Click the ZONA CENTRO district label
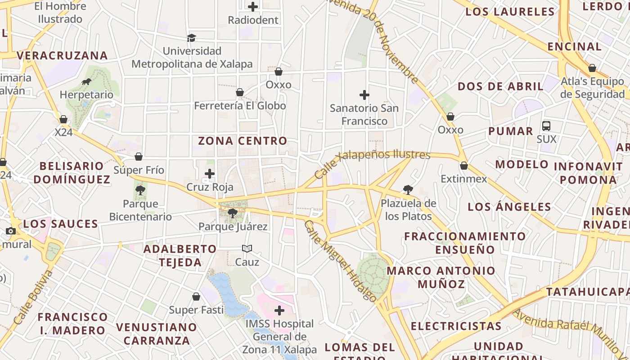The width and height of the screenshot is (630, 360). tap(243, 141)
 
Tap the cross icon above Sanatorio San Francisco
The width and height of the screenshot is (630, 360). tap(364, 95)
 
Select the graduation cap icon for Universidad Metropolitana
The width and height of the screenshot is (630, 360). tap(192, 38)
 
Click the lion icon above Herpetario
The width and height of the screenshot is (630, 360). tap(86, 82)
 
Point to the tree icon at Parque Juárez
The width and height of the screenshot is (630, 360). tap(233, 213)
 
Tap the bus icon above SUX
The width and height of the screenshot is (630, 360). tap(546, 126)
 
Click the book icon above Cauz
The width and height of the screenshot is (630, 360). tap(247, 248)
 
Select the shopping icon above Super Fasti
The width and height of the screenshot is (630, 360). tap(196, 297)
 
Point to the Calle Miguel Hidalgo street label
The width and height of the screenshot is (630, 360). tap(340, 261)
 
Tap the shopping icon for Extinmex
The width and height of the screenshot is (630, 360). tap(464, 166)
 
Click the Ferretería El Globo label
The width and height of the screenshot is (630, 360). tap(240, 106)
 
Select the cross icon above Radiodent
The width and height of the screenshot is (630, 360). tap(253, 7)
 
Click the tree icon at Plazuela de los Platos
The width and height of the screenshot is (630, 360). tap(408, 190)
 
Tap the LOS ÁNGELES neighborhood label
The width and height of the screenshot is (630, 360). tap(509, 207)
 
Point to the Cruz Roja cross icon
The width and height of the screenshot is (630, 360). tap(210, 174)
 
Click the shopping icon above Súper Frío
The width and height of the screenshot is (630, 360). tap(139, 157)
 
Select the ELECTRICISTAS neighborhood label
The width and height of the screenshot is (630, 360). tap(456, 326)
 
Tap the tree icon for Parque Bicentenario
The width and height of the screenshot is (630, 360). tap(140, 190)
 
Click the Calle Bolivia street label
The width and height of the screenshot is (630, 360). tap(33, 297)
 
